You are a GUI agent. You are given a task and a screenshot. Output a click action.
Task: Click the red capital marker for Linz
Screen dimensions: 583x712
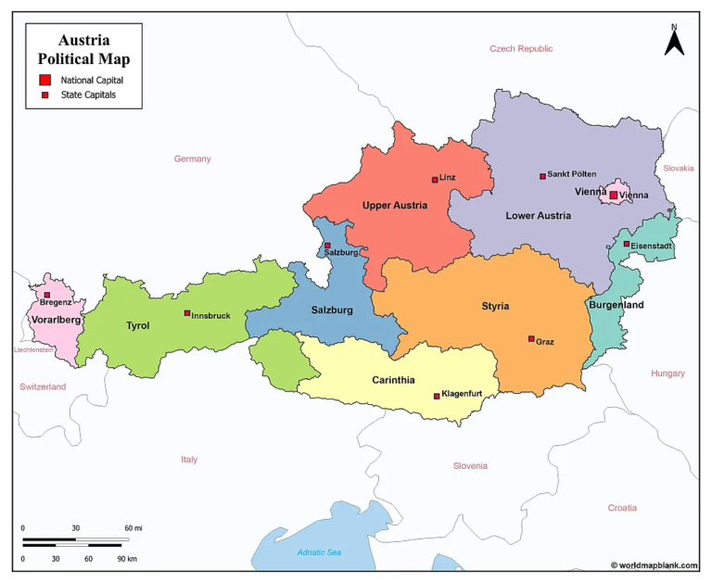pyautogui.click(x=434, y=180)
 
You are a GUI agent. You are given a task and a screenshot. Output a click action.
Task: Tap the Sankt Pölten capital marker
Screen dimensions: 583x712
pyautogui.click(x=542, y=176)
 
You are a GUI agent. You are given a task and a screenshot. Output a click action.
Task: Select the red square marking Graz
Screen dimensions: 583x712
pyautogui.click(x=531, y=339)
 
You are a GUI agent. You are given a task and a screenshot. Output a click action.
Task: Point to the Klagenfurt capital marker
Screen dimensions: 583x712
pyautogui.click(x=437, y=396)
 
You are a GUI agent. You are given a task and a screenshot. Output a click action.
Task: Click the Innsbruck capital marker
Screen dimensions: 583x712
pyautogui.click(x=187, y=313)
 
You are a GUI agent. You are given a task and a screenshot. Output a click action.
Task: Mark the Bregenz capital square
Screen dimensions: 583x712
pyautogui.click(x=47, y=295)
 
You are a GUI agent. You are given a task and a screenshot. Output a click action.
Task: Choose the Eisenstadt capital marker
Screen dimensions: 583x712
pyautogui.click(x=627, y=244)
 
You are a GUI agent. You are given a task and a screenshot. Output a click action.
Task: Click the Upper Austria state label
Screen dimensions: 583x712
pyautogui.click(x=395, y=206)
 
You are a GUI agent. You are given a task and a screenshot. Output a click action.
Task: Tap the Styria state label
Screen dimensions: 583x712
pyautogui.click(x=495, y=306)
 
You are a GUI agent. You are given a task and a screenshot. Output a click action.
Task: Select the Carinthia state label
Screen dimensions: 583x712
pyautogui.click(x=393, y=380)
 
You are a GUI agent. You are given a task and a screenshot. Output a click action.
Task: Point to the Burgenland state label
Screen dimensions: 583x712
pyautogui.click(x=616, y=305)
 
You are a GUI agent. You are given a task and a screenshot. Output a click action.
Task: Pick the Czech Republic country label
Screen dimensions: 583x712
pyautogui.click(x=521, y=48)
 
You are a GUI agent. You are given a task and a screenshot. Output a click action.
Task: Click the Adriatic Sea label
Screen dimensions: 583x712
pyautogui.click(x=319, y=552)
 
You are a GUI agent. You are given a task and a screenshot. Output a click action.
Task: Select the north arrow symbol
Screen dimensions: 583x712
pyautogui.click(x=674, y=41)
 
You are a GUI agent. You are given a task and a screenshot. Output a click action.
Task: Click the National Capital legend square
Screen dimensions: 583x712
pyautogui.click(x=44, y=80)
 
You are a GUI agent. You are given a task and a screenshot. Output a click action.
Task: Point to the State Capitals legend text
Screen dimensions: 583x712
pyautogui.click(x=89, y=95)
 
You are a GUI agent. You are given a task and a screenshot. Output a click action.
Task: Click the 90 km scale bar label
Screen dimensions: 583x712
pyautogui.click(x=126, y=559)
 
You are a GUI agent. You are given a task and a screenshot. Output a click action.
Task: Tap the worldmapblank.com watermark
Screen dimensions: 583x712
pyautogui.click(x=655, y=564)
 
